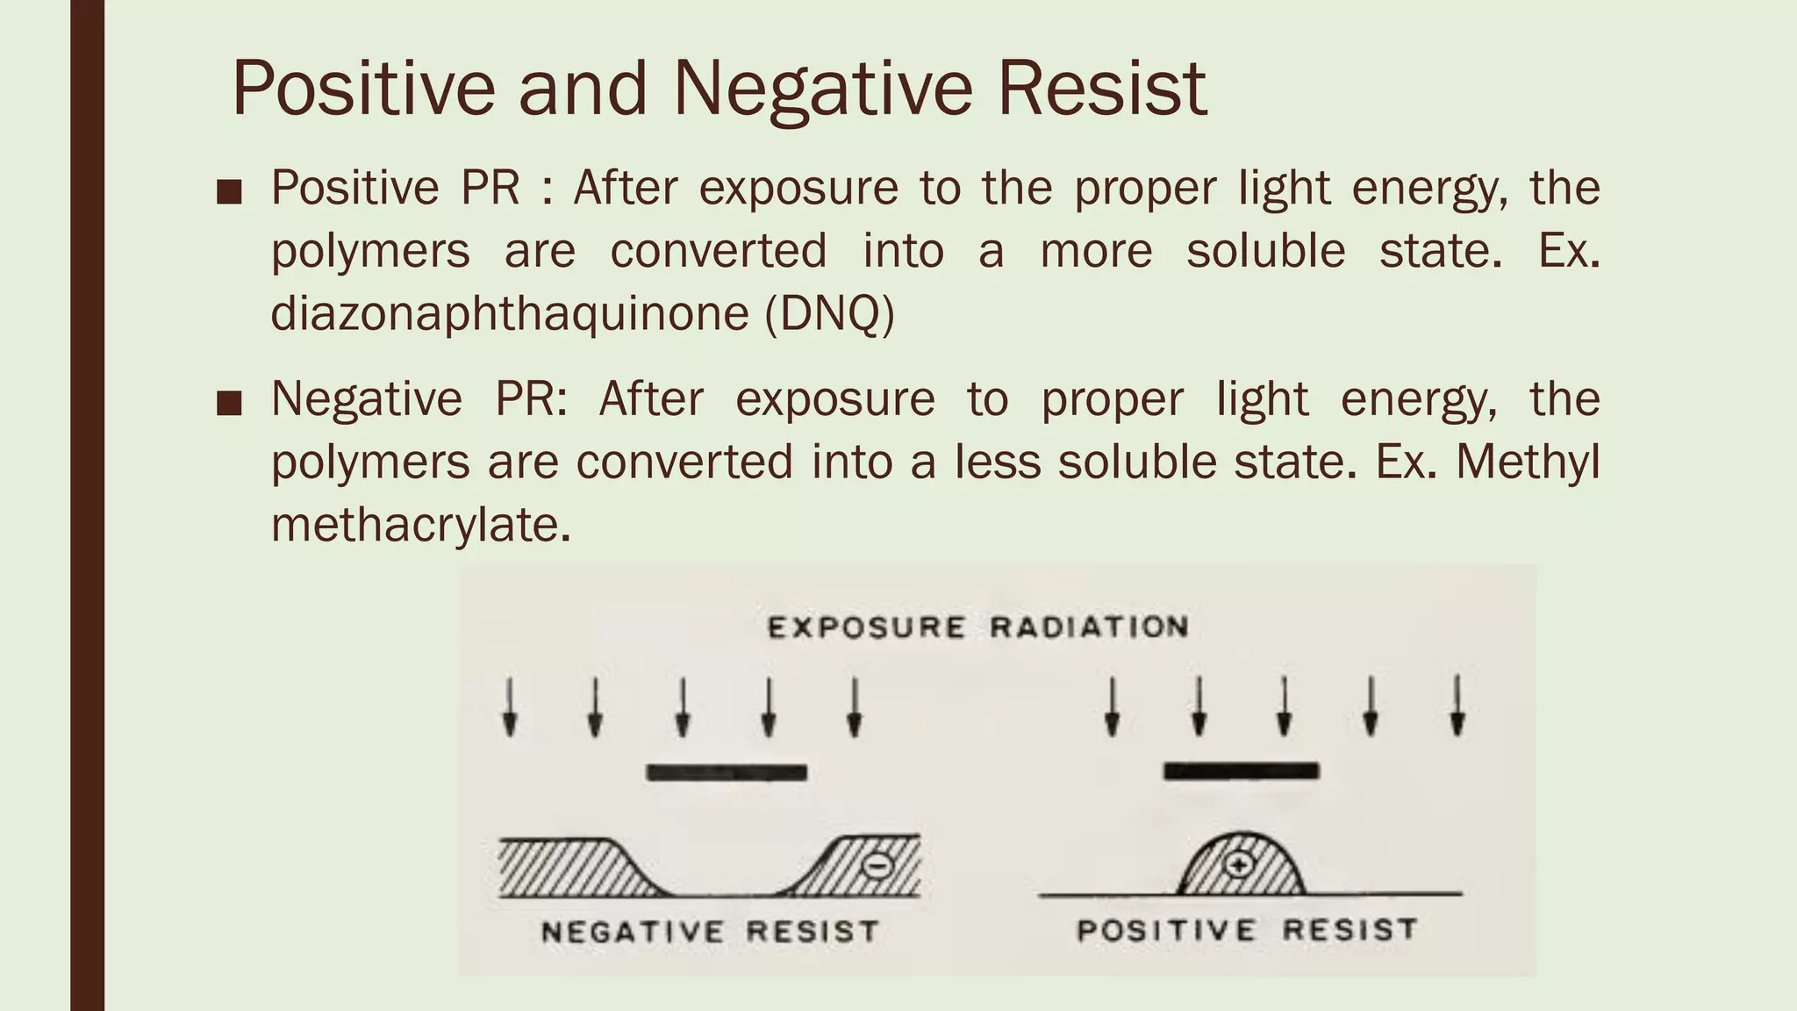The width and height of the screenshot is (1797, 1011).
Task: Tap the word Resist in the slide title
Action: pos(1102,89)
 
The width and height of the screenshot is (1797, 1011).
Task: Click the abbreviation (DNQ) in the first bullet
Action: pos(829,313)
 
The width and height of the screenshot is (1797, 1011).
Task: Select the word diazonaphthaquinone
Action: pos(509,313)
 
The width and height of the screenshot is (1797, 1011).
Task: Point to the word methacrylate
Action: pos(421,525)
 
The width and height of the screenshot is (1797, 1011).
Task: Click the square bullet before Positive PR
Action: pos(229,192)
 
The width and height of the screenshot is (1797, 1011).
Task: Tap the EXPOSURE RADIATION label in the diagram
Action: pos(978,627)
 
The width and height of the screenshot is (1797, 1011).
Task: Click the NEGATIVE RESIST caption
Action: pos(710,931)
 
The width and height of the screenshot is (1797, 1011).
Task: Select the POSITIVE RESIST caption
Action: pos(1247,929)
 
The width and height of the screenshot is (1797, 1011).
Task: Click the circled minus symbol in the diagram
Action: pos(877,866)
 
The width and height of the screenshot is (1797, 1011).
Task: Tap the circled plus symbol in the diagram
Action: pos(1239,865)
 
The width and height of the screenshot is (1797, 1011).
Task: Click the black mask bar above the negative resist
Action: pos(727,773)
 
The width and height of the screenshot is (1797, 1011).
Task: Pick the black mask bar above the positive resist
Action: pos(1241,771)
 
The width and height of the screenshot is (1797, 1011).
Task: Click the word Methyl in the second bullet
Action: pos(1528,462)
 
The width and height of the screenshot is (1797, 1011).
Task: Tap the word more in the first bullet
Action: pos(1096,251)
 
